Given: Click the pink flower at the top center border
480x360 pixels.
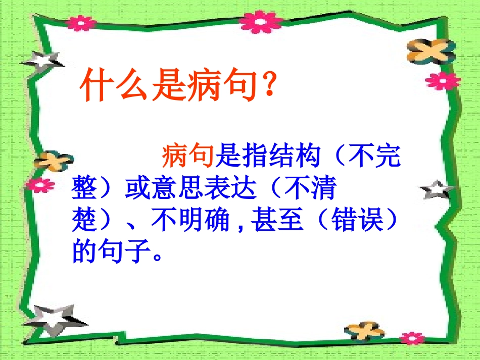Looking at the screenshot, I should coord(261,22).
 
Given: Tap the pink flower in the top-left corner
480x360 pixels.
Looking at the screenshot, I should coord(80,22).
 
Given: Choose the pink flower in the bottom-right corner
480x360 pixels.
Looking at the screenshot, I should coord(412,337).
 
